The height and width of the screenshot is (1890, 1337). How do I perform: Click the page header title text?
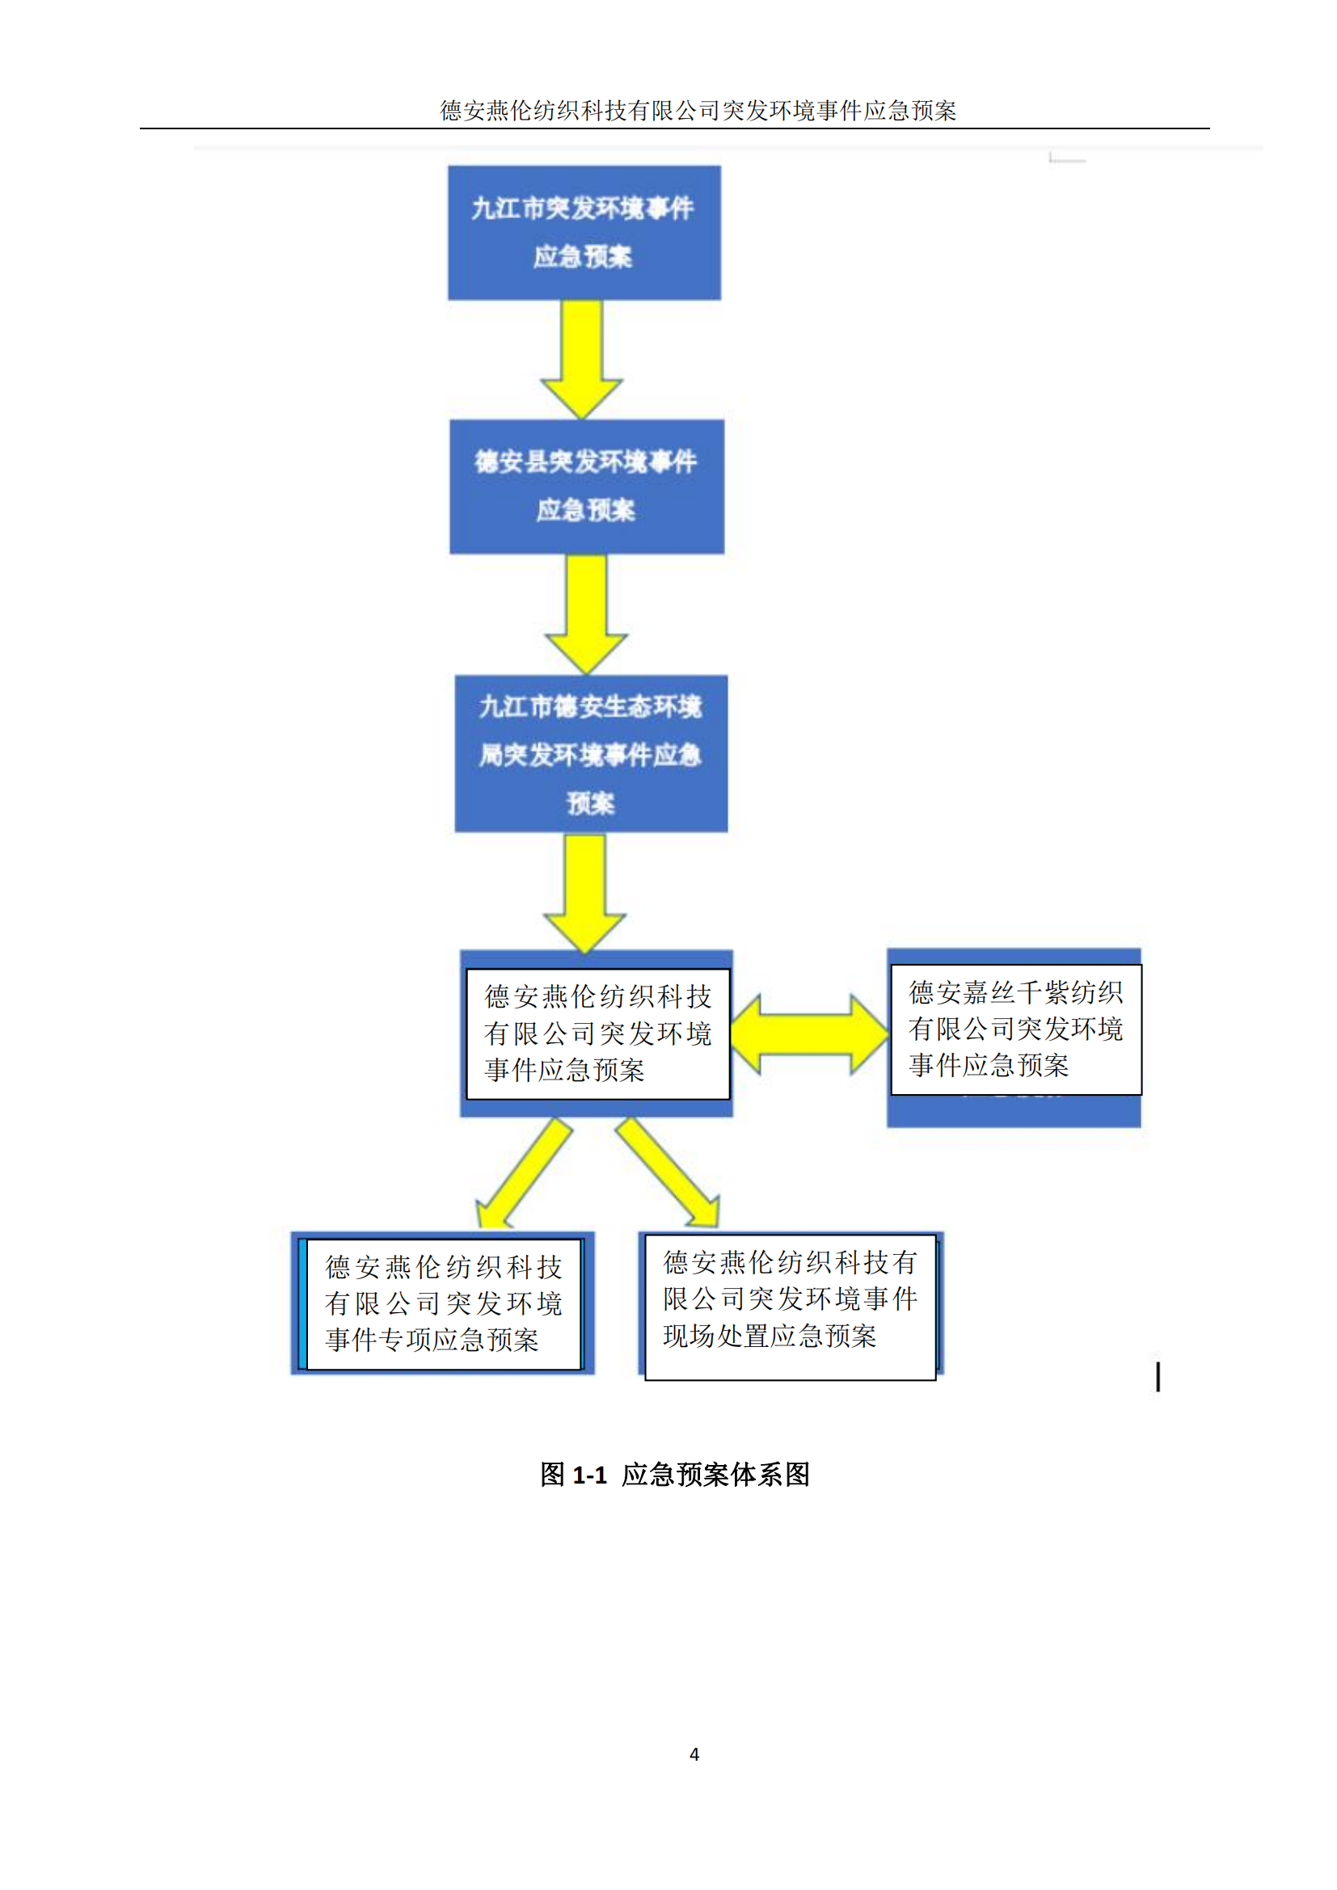coord(698,111)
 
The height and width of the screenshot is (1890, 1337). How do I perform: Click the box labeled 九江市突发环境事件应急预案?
coord(584,232)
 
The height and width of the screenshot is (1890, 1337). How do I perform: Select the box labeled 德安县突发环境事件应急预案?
coord(586,486)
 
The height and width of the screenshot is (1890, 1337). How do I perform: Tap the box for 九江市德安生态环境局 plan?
coord(590,753)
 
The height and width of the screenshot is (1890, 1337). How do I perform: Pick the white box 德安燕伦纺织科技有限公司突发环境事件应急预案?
coord(597,1033)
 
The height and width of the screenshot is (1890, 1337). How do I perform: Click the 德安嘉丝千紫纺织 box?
coord(1015,1029)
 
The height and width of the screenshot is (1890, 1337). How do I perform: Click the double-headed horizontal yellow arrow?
coord(809,1034)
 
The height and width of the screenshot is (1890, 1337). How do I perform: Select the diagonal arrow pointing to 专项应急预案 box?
coord(523,1173)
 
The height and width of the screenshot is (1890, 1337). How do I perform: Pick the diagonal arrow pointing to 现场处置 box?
coord(668,1173)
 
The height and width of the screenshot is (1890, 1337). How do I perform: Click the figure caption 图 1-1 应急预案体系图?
coord(675,1474)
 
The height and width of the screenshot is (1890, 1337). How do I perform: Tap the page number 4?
coord(694,1754)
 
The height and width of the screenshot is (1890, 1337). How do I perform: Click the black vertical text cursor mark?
coord(1158,1375)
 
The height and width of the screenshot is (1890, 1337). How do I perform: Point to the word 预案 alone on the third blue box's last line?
coord(590,802)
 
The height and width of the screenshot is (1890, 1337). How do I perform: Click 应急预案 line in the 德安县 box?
coord(585,511)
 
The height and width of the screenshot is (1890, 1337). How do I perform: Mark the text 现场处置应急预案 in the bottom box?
coord(770,1336)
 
